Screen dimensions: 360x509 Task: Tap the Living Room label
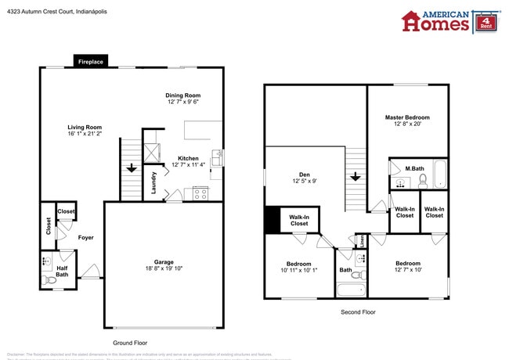84,127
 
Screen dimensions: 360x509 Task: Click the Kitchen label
188,158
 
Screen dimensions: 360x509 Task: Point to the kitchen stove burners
200,192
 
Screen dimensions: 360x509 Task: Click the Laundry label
154,182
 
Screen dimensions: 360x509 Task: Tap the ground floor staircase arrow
132,167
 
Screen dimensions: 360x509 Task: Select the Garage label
164,262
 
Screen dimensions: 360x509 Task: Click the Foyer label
85,237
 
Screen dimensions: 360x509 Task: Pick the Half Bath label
62,271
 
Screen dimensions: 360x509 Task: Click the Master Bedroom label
407,117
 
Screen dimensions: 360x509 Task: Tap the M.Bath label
414,168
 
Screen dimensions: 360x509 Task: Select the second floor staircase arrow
356,176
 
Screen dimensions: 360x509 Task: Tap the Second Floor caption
358,311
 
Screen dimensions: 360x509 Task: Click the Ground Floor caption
130,343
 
